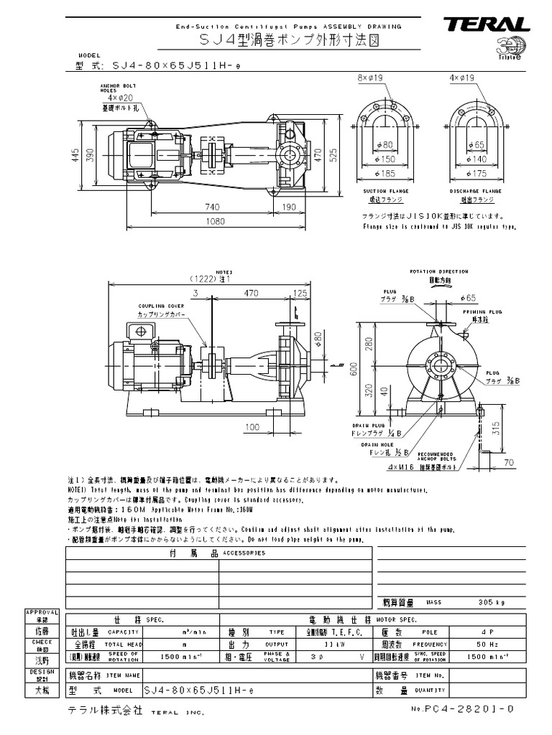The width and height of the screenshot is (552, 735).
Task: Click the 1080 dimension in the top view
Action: (x=213, y=223)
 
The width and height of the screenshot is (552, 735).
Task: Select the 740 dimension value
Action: (x=212, y=207)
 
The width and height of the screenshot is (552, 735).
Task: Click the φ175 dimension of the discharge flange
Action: (x=476, y=173)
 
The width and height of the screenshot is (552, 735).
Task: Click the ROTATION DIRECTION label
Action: (x=438, y=272)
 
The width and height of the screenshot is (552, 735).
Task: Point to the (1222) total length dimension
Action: (x=209, y=278)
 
